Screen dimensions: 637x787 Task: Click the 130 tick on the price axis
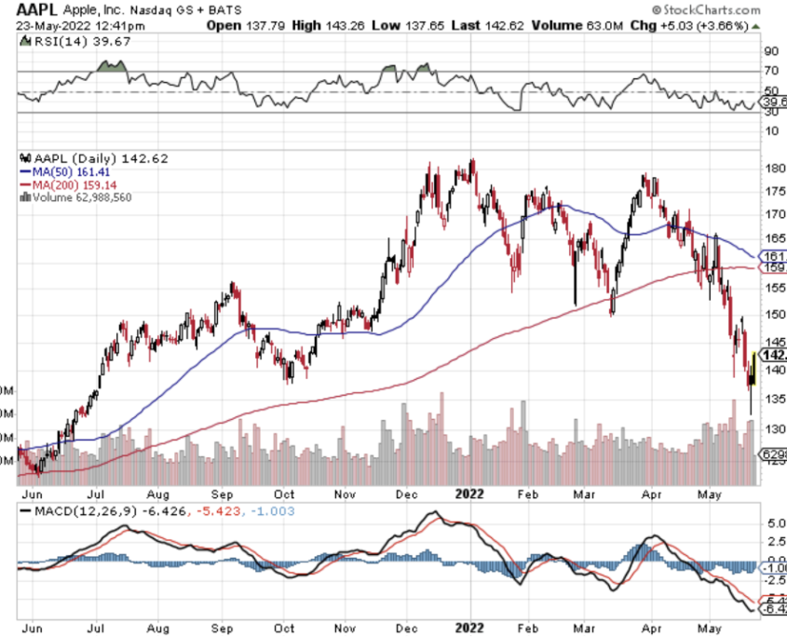click(772, 429)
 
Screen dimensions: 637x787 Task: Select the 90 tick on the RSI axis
click(770, 51)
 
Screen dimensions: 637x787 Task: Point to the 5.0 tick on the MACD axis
click(772, 524)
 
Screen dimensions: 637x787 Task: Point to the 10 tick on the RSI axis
click(770, 130)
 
